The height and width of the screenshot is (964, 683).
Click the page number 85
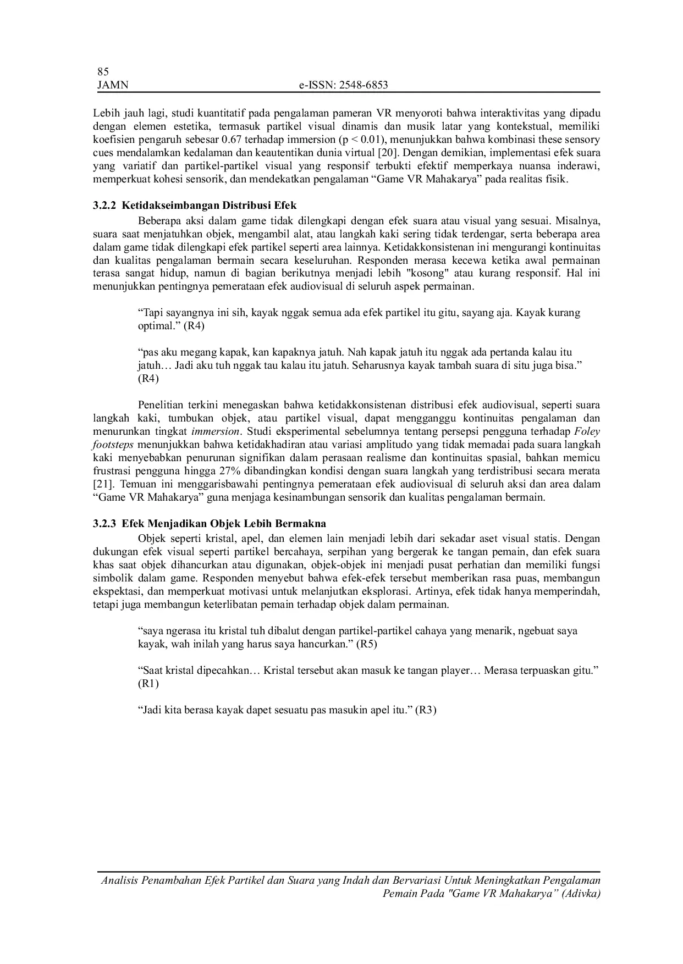pyautogui.click(x=103, y=72)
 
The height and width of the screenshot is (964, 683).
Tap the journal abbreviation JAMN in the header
pyautogui.click(x=112, y=85)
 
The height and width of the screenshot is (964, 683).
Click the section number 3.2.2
pyautogui.click(x=104, y=206)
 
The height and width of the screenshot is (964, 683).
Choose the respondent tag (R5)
pyautogui.click(x=366, y=644)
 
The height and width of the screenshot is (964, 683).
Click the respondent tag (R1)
pyautogui.click(x=147, y=684)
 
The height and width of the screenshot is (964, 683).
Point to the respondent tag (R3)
pyautogui.click(x=426, y=710)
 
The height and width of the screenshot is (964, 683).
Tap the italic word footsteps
pyautogui.click(x=113, y=445)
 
